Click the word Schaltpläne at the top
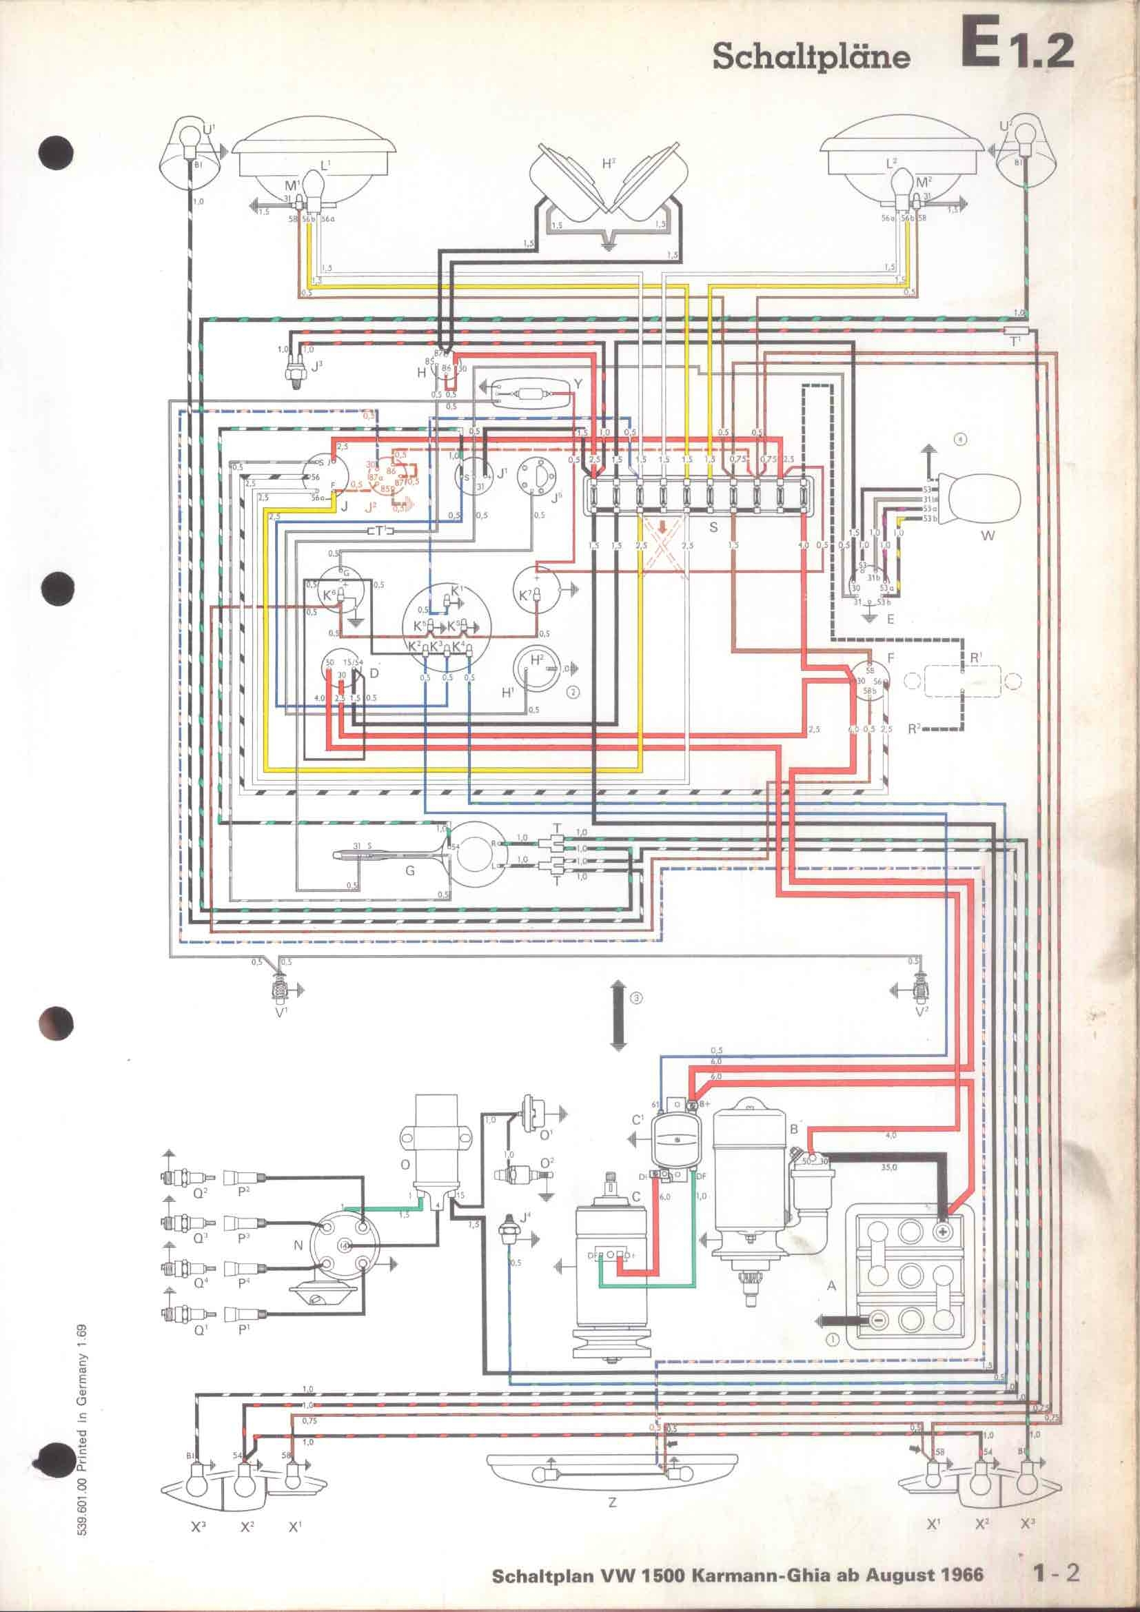(811, 58)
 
